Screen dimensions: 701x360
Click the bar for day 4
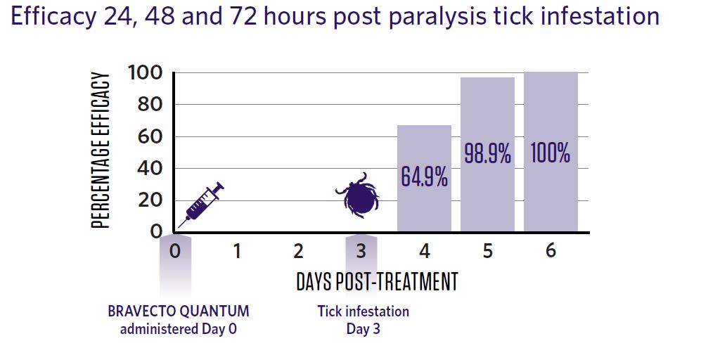(424, 179)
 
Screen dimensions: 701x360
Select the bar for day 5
(487, 154)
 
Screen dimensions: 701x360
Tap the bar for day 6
(551, 152)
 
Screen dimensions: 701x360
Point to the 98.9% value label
(487, 153)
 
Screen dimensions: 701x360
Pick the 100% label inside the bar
(551, 153)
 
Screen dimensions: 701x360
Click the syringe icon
(200, 205)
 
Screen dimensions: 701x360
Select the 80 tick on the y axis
(149, 105)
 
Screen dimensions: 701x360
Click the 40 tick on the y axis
(149, 169)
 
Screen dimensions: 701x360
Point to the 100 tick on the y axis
(146, 72)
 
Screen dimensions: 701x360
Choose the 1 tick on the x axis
(237, 251)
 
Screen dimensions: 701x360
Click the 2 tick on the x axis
(299, 251)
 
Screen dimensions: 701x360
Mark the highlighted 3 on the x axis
(361, 251)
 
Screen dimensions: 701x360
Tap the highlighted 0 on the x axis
(175, 251)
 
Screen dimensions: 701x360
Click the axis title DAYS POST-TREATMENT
(378, 282)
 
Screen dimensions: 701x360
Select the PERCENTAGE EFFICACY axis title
(100, 150)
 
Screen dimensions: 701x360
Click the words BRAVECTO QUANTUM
(179, 311)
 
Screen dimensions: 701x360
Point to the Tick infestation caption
(364, 311)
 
